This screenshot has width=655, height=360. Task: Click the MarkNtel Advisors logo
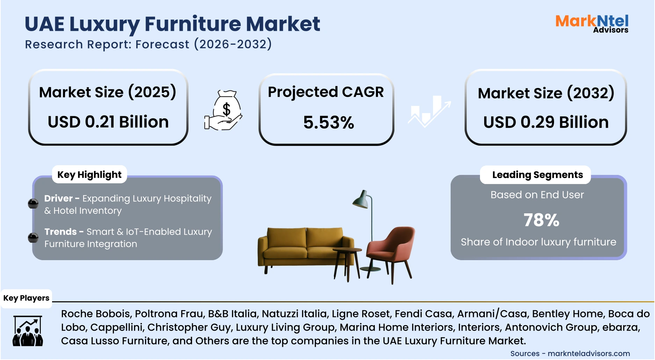592,24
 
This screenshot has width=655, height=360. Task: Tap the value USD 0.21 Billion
108,122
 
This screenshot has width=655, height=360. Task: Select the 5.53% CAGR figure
328,123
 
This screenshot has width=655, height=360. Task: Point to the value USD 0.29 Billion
546,122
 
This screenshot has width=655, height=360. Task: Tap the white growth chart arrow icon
429,111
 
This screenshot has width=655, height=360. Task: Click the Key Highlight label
89,175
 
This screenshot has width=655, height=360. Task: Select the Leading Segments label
537,175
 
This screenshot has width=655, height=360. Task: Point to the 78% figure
541,220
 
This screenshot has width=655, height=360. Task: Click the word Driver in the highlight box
58,198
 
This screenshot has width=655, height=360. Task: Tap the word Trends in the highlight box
60,232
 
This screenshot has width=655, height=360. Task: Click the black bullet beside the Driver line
33,204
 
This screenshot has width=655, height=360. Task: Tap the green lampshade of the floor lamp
361,200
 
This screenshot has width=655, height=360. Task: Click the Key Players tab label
26,298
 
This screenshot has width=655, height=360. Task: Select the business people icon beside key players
28,331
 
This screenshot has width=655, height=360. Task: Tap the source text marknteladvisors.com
589,353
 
